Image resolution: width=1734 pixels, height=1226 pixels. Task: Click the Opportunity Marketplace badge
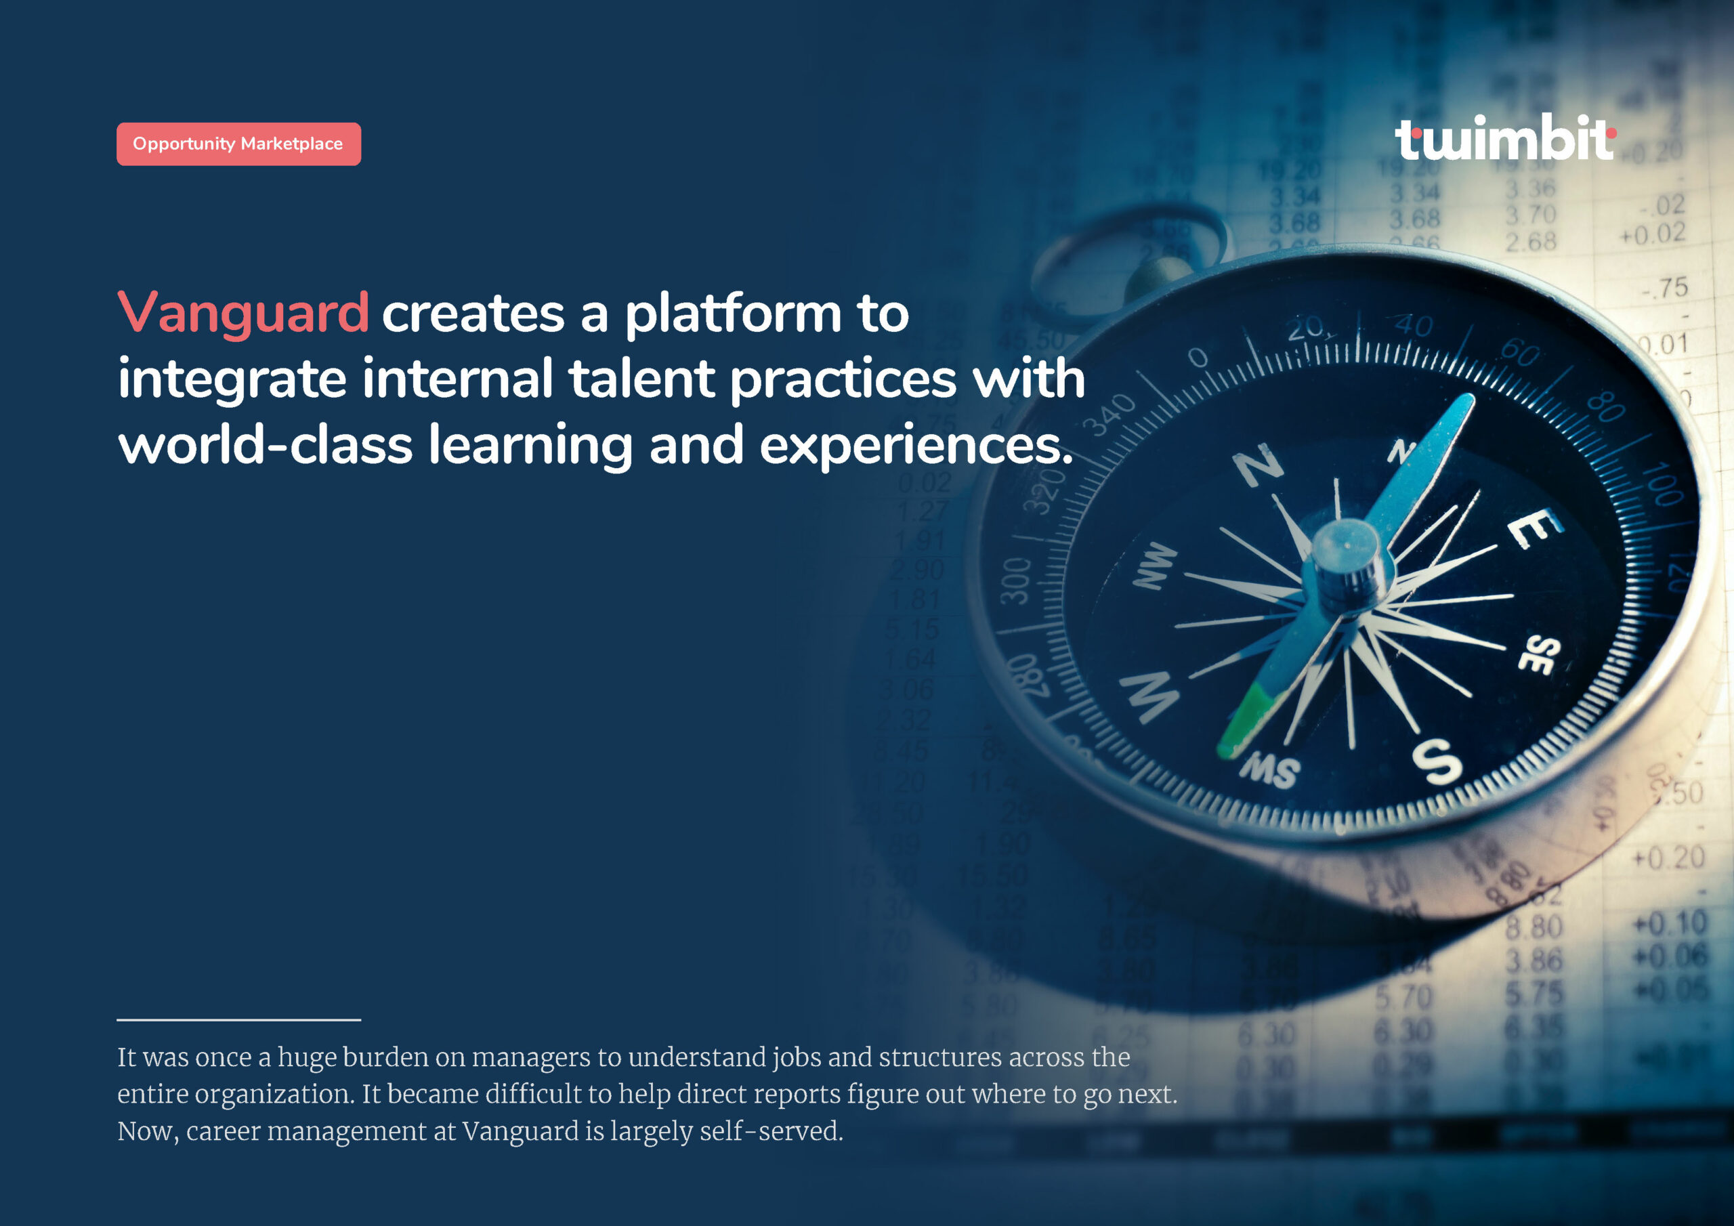(x=238, y=144)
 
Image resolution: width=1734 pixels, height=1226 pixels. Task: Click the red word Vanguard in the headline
(x=243, y=313)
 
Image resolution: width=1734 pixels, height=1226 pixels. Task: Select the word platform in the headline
(x=733, y=314)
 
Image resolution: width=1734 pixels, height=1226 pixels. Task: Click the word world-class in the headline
(x=265, y=445)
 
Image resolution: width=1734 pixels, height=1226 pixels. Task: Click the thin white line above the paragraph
(x=238, y=1020)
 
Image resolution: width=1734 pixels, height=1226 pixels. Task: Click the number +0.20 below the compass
(x=1668, y=858)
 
